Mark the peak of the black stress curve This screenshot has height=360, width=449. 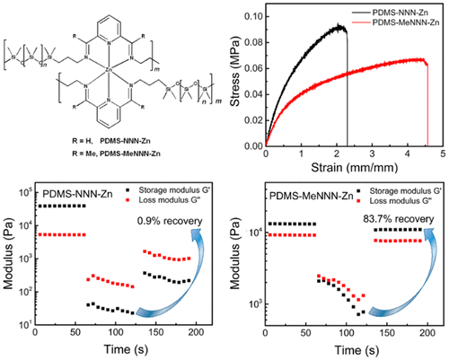[341, 27]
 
